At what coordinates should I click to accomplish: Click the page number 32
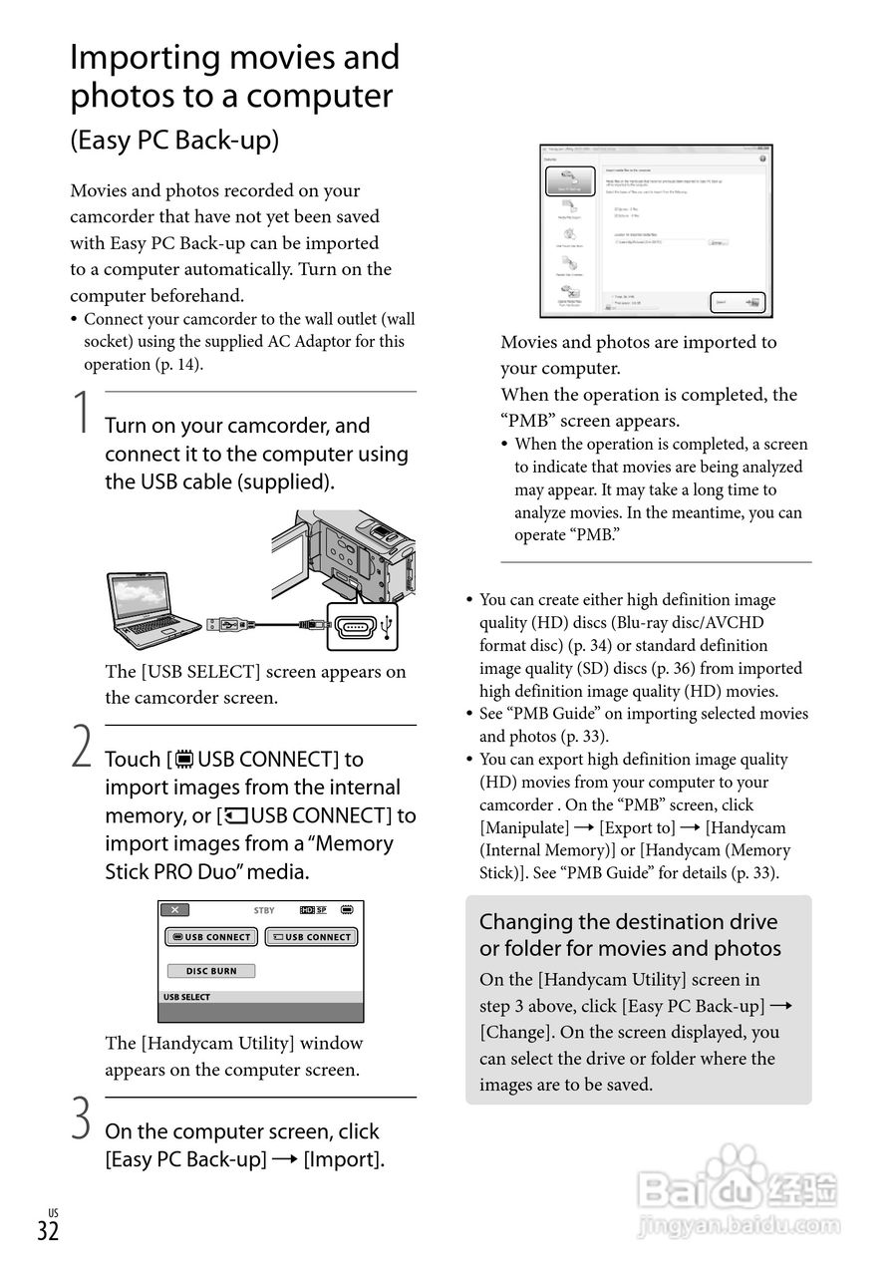(x=48, y=1230)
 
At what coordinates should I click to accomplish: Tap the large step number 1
(x=82, y=413)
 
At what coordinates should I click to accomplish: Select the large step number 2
(x=82, y=747)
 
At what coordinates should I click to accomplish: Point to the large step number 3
(x=82, y=1118)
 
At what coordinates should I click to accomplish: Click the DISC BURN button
(x=210, y=971)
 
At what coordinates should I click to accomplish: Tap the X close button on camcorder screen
(x=174, y=910)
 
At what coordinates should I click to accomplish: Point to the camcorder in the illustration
(x=349, y=553)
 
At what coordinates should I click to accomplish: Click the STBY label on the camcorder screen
(x=264, y=910)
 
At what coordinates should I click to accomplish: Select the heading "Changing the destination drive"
(x=628, y=922)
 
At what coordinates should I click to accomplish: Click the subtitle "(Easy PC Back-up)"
(x=174, y=141)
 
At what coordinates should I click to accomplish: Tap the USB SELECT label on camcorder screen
(x=187, y=997)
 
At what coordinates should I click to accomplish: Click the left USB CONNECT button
(x=211, y=937)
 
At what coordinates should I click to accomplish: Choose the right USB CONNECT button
(x=311, y=937)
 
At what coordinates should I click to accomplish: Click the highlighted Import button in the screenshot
(x=738, y=302)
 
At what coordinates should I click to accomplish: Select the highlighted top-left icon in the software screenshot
(x=570, y=181)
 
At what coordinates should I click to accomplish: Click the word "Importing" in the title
(x=144, y=58)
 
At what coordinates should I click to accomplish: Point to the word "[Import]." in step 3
(x=344, y=1159)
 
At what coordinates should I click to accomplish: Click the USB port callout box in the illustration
(x=361, y=626)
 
